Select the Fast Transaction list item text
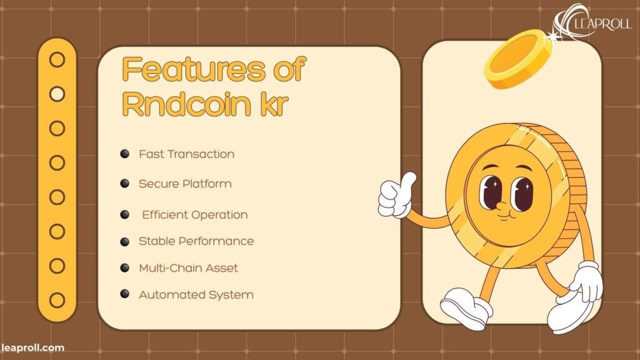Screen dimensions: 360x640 pos(186,154)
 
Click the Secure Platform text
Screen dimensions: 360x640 pos(185,184)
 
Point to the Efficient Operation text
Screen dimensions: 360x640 pos(194,214)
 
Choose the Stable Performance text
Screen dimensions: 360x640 pos(196,241)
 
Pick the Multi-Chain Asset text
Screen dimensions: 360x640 pos(188,267)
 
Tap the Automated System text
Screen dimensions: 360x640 pos(196,294)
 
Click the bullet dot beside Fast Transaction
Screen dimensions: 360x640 pos(125,153)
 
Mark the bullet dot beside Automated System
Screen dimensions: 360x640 pos(125,294)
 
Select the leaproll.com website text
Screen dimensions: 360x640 pos(32,347)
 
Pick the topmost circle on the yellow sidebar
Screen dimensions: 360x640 pos(57,60)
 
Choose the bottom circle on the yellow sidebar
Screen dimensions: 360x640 pos(57,299)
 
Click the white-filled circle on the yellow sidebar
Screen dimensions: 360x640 pos(57,94)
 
